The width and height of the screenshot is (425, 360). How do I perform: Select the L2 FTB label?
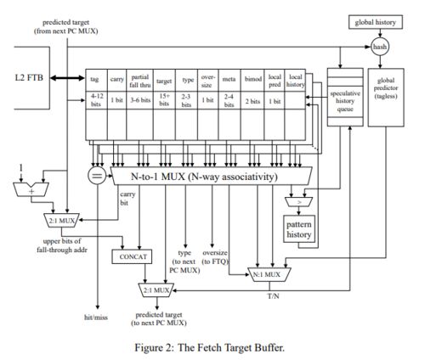tap(29, 77)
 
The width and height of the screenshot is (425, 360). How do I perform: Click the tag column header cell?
tap(96, 80)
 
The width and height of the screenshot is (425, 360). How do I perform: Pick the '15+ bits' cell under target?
tap(164, 100)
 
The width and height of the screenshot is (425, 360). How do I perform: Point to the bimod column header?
tap(252, 80)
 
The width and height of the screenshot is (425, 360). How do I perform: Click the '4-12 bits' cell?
tap(96, 100)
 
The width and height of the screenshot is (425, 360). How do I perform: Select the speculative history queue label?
tap(345, 101)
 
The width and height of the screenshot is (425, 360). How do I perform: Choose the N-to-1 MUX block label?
tap(204, 177)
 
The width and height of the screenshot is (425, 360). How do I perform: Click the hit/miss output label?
tap(96, 318)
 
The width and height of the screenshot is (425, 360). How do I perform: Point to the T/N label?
tap(273, 296)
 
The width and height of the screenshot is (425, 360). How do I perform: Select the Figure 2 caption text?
tap(209, 347)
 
